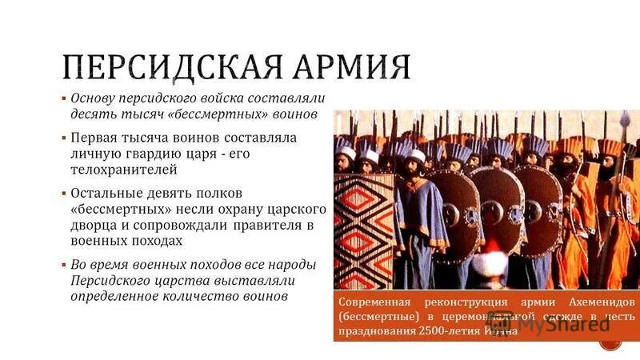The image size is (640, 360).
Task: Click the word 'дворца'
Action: pyautogui.click(x=93, y=225)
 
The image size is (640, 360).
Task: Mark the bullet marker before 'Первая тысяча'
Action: pyautogui.click(x=64, y=138)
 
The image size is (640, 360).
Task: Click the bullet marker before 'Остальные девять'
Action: pyautogui.click(x=64, y=194)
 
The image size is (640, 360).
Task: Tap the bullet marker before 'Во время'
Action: pyautogui.click(x=64, y=265)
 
